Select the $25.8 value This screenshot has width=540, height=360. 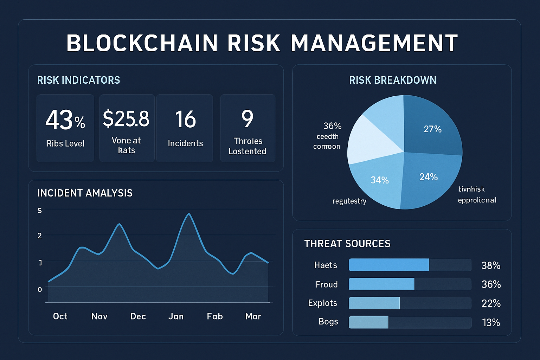click(126, 118)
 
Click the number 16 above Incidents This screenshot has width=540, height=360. click(185, 119)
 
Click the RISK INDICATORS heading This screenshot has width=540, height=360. click(78, 80)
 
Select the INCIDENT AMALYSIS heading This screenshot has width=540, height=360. click(85, 193)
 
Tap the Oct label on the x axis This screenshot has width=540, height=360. click(60, 316)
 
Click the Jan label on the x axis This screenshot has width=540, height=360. click(176, 316)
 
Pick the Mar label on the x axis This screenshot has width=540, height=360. click(253, 316)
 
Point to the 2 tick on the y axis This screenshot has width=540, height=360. click(40, 236)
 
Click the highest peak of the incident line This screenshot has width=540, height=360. click(189, 214)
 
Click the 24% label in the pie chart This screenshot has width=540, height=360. click(428, 177)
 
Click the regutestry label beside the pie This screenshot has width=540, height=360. click(349, 201)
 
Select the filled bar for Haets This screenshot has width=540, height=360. click(389, 265)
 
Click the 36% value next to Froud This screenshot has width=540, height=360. click(491, 284)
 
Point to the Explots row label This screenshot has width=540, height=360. click(322, 303)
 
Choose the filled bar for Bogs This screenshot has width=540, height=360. click(368, 322)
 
